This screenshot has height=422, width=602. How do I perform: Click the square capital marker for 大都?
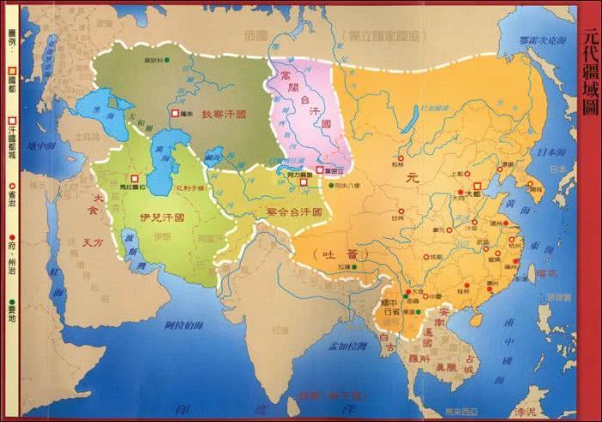[x=476, y=185]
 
